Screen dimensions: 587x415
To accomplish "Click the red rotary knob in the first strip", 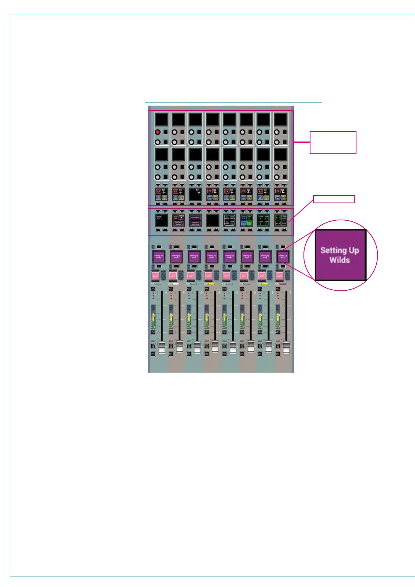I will tap(157, 132).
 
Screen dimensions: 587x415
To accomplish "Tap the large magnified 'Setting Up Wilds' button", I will tap(340, 255).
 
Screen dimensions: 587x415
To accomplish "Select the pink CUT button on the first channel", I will tap(155, 275).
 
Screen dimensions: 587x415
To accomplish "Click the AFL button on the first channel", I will tap(153, 289).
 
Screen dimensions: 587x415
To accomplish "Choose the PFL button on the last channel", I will tap(278, 354).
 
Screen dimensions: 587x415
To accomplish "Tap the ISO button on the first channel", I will tap(153, 332).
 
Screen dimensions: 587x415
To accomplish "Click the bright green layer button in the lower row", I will tap(249, 223).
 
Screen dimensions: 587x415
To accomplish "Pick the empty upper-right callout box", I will tap(333, 142).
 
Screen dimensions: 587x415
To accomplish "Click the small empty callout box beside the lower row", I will tap(334, 199).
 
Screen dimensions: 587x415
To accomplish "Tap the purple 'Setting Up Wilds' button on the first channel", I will tap(159, 257).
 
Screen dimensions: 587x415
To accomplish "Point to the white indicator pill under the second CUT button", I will tap(176, 284).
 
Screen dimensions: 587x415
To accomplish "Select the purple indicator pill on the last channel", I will tap(283, 284).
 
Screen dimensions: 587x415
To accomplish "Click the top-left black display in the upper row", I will tap(161, 120).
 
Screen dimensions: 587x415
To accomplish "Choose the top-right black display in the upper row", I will tap(280, 120).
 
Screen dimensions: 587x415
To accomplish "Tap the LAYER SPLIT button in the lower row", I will tap(159, 217).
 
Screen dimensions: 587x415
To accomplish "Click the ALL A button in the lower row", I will tap(278, 218).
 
